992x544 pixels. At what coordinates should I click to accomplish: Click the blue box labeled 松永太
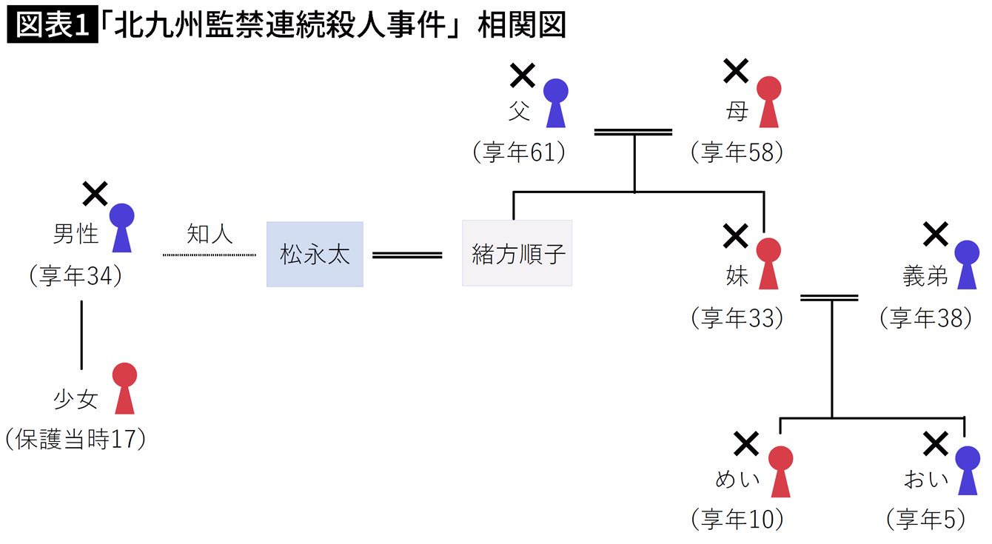tap(315, 254)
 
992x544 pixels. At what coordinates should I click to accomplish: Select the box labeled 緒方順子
tap(517, 254)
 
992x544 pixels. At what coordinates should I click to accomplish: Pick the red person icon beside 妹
tap(769, 263)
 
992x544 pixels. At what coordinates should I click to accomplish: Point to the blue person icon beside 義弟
tap(967, 263)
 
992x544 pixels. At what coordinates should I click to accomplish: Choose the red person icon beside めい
tap(780, 471)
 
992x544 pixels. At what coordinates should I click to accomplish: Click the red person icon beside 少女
tap(124, 388)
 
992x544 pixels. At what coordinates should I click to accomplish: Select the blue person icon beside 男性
tap(122, 228)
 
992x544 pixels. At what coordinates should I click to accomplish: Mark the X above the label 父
tap(523, 75)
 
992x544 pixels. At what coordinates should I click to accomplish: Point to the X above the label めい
tap(745, 444)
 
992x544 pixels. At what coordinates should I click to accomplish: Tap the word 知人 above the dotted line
tap(210, 234)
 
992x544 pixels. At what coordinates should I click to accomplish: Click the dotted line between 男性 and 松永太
tap(209, 255)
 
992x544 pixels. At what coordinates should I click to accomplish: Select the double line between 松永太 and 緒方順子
tap(406, 255)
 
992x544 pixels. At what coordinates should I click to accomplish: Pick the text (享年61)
tap(519, 152)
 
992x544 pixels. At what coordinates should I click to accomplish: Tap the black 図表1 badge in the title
tap(52, 26)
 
